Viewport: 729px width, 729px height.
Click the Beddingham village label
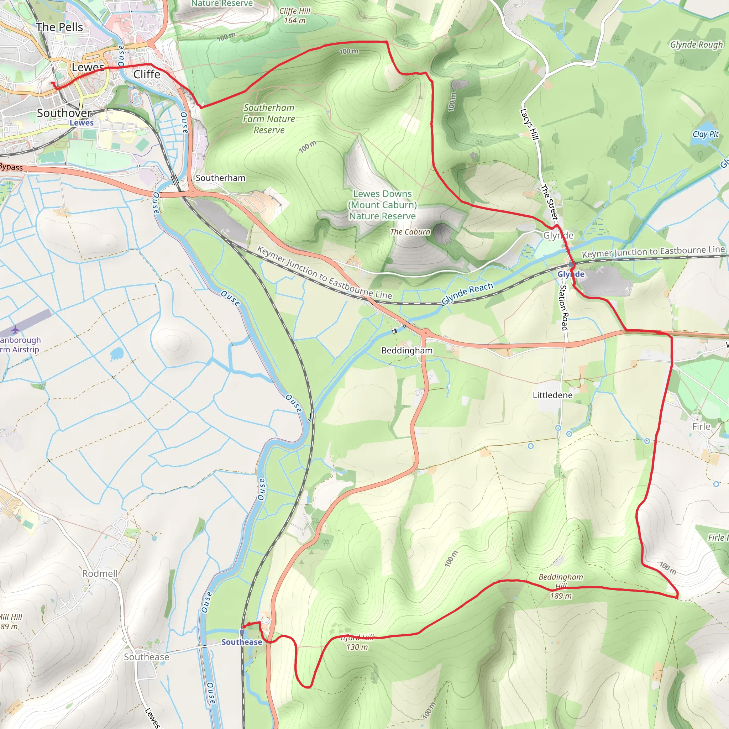407,351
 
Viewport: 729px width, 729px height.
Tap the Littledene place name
552,395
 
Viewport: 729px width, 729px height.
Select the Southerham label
220,178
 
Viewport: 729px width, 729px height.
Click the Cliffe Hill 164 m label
295,16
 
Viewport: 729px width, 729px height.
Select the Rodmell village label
100,573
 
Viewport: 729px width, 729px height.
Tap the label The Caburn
410,232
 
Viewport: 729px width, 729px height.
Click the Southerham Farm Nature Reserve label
269,119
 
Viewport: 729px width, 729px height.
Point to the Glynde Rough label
696,44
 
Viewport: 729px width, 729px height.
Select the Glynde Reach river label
467,293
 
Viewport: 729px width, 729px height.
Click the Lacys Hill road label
529,124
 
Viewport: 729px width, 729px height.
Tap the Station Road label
564,307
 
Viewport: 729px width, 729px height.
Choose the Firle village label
701,426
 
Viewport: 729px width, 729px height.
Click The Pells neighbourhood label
59,27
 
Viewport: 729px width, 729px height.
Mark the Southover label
64,113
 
